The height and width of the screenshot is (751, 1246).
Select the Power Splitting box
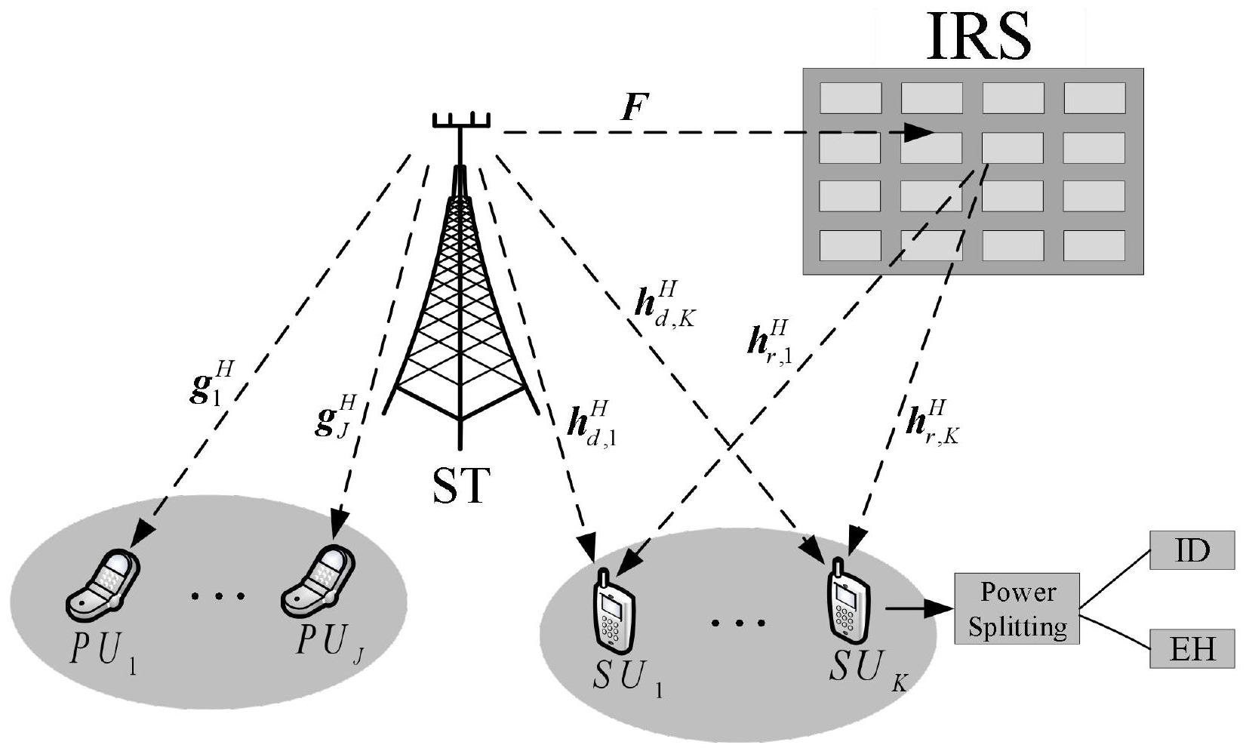1017,608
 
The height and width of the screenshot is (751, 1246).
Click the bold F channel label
631,108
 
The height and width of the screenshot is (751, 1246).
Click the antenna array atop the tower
461,122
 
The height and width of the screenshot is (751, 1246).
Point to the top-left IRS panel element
851,98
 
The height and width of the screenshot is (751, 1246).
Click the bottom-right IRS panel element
1094,245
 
